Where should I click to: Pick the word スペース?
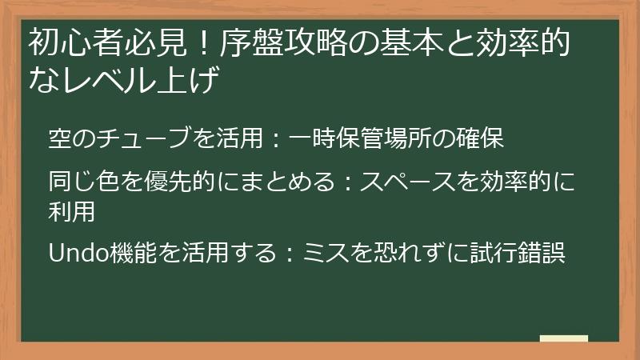tap(403, 182)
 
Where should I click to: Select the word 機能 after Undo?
tap(128, 254)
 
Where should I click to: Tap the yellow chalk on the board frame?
tap(563, 338)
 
